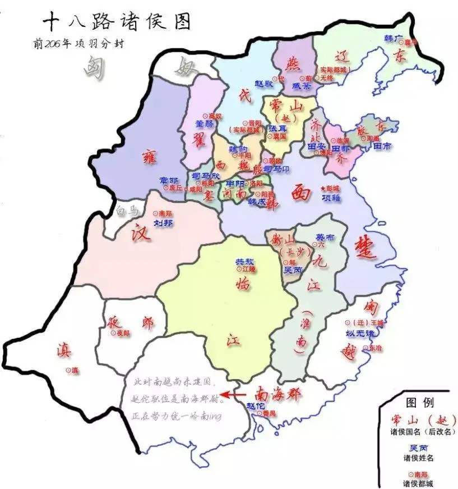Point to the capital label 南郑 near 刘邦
[165, 213]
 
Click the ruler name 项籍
[331, 198]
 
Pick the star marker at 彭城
[322, 189]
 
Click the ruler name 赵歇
[263, 82]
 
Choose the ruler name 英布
[325, 237]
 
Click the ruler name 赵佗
[255, 405]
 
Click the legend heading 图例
[418, 402]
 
